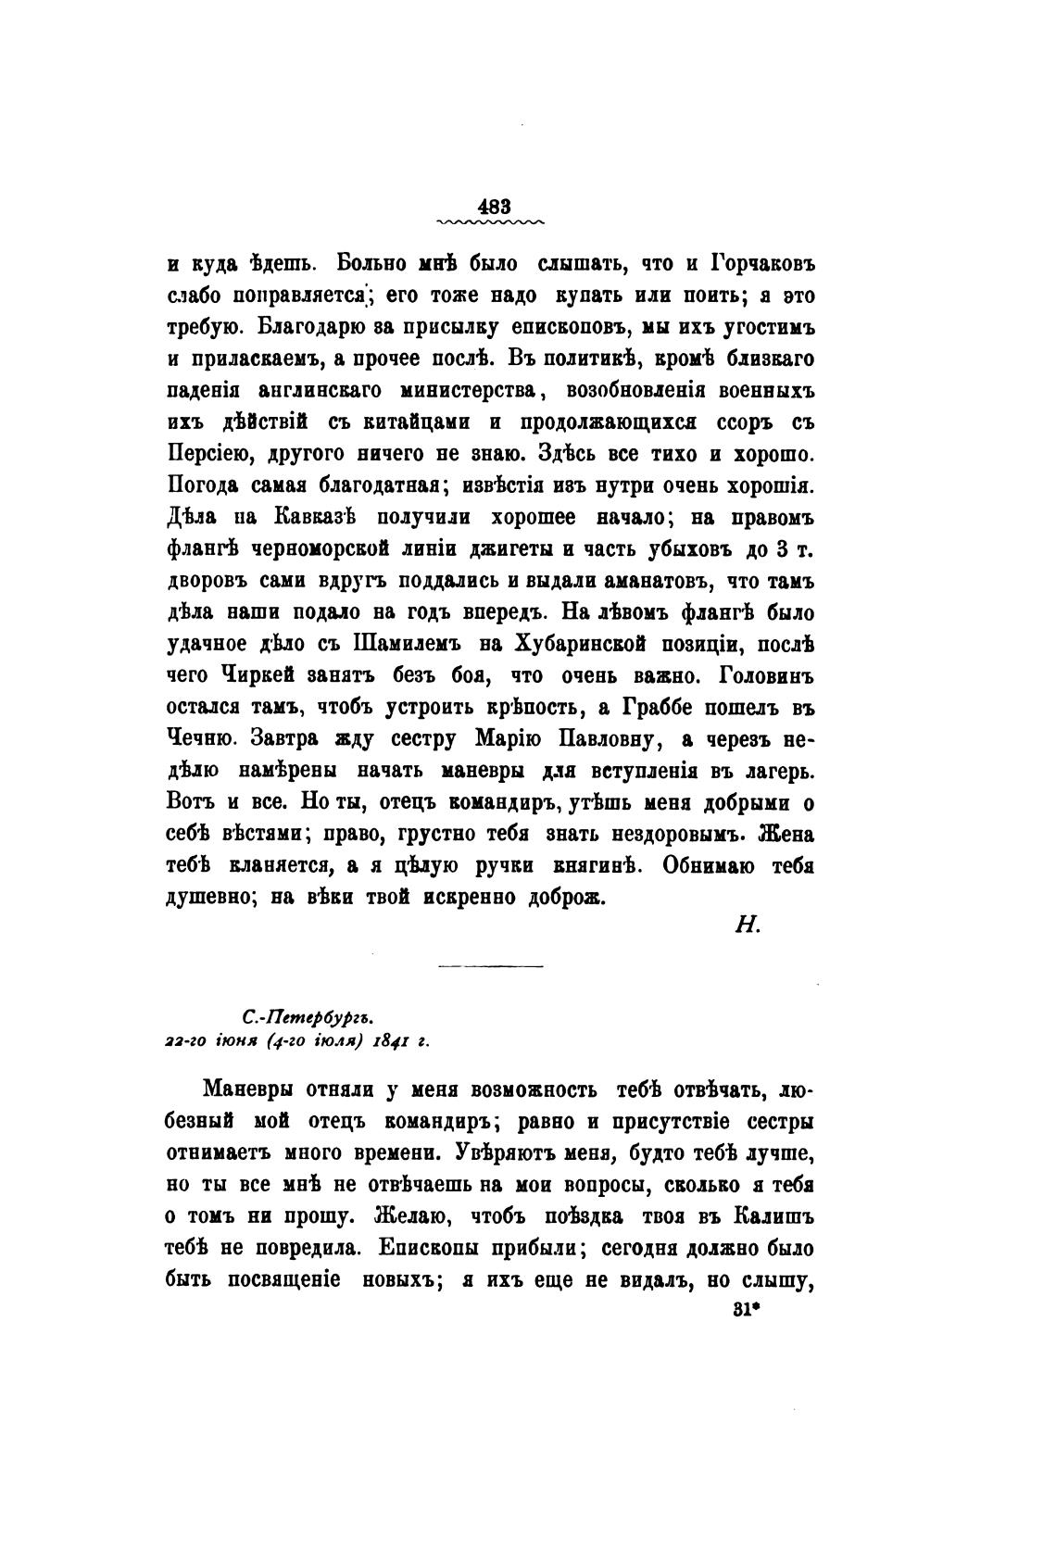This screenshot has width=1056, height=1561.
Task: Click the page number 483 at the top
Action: coord(490,206)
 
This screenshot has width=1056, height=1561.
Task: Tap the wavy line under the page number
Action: coord(490,223)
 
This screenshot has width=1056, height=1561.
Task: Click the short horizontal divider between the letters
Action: coord(490,966)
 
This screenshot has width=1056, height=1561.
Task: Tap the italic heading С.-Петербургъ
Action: coord(294,1017)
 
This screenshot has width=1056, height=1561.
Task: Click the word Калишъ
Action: coord(775,1215)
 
